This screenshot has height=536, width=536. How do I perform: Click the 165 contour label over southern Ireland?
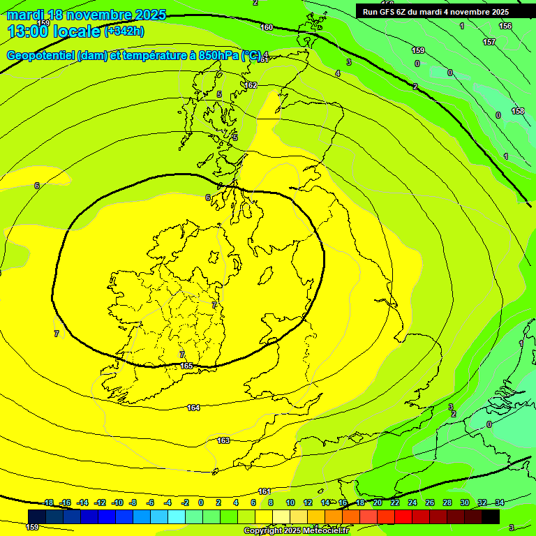(x=186, y=366)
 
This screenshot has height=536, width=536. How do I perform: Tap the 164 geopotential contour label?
(x=193, y=408)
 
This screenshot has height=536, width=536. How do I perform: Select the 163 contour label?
(x=223, y=440)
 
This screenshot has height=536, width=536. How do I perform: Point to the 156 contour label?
(x=505, y=26)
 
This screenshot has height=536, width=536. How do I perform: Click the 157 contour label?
(x=489, y=43)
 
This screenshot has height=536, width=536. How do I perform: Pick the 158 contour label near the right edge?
(x=518, y=111)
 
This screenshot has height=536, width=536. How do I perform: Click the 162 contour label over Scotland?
(x=251, y=85)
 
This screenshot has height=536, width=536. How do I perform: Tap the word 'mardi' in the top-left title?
(x=27, y=15)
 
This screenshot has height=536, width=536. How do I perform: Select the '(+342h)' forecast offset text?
(x=124, y=31)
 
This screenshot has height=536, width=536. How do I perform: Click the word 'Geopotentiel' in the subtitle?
(x=41, y=55)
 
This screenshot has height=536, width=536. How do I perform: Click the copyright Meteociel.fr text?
(x=296, y=531)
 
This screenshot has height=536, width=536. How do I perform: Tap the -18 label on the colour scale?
(x=48, y=502)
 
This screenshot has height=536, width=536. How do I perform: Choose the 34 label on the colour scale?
(x=500, y=502)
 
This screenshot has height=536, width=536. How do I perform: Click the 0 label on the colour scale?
(x=201, y=502)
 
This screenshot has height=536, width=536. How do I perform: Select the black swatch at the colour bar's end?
(x=491, y=516)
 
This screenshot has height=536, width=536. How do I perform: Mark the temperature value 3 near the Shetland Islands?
(x=349, y=62)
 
